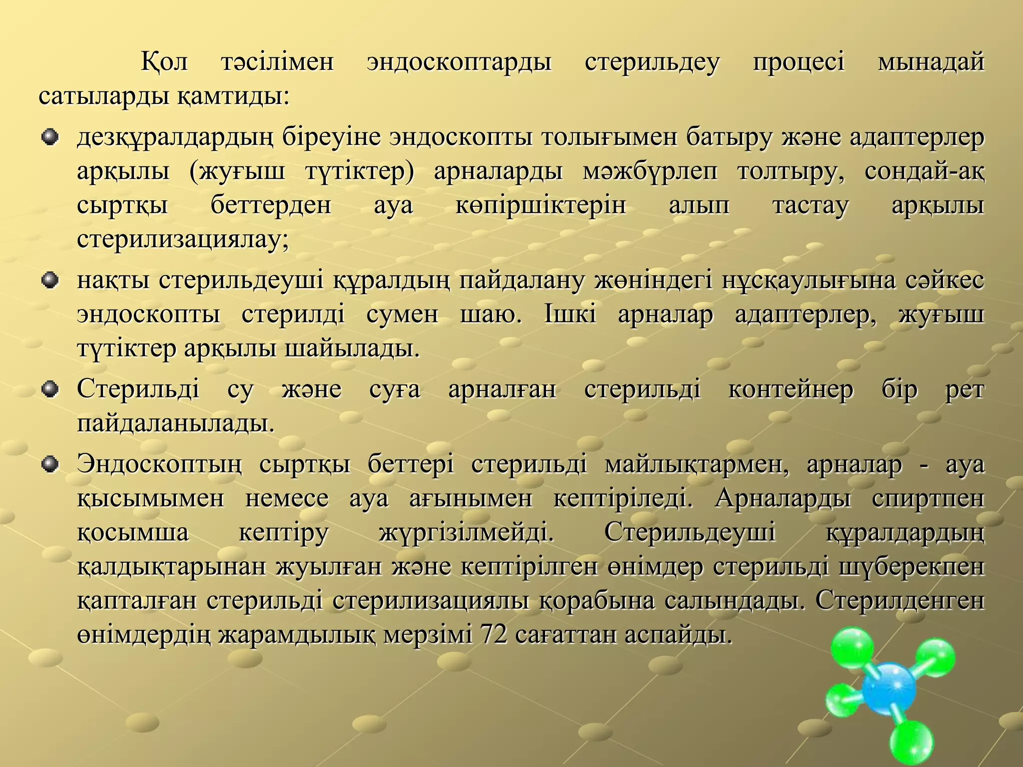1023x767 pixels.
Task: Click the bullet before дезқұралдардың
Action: pos(50,137)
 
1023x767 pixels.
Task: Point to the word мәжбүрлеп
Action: pos(650,172)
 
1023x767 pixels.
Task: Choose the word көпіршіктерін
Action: pos(540,206)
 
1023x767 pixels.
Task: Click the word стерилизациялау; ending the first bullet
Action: pos(183,240)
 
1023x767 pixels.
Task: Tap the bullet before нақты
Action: pos(50,281)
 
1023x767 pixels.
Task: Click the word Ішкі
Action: pos(569,315)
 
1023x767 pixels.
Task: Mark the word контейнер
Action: pos(791,390)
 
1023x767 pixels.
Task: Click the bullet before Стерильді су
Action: pos(50,390)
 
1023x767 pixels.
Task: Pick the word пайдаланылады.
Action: pos(176,424)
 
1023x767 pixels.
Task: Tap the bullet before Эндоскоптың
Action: pos(50,465)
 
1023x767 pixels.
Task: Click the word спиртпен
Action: pos(928,499)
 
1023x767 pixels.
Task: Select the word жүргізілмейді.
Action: pos(467,533)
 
